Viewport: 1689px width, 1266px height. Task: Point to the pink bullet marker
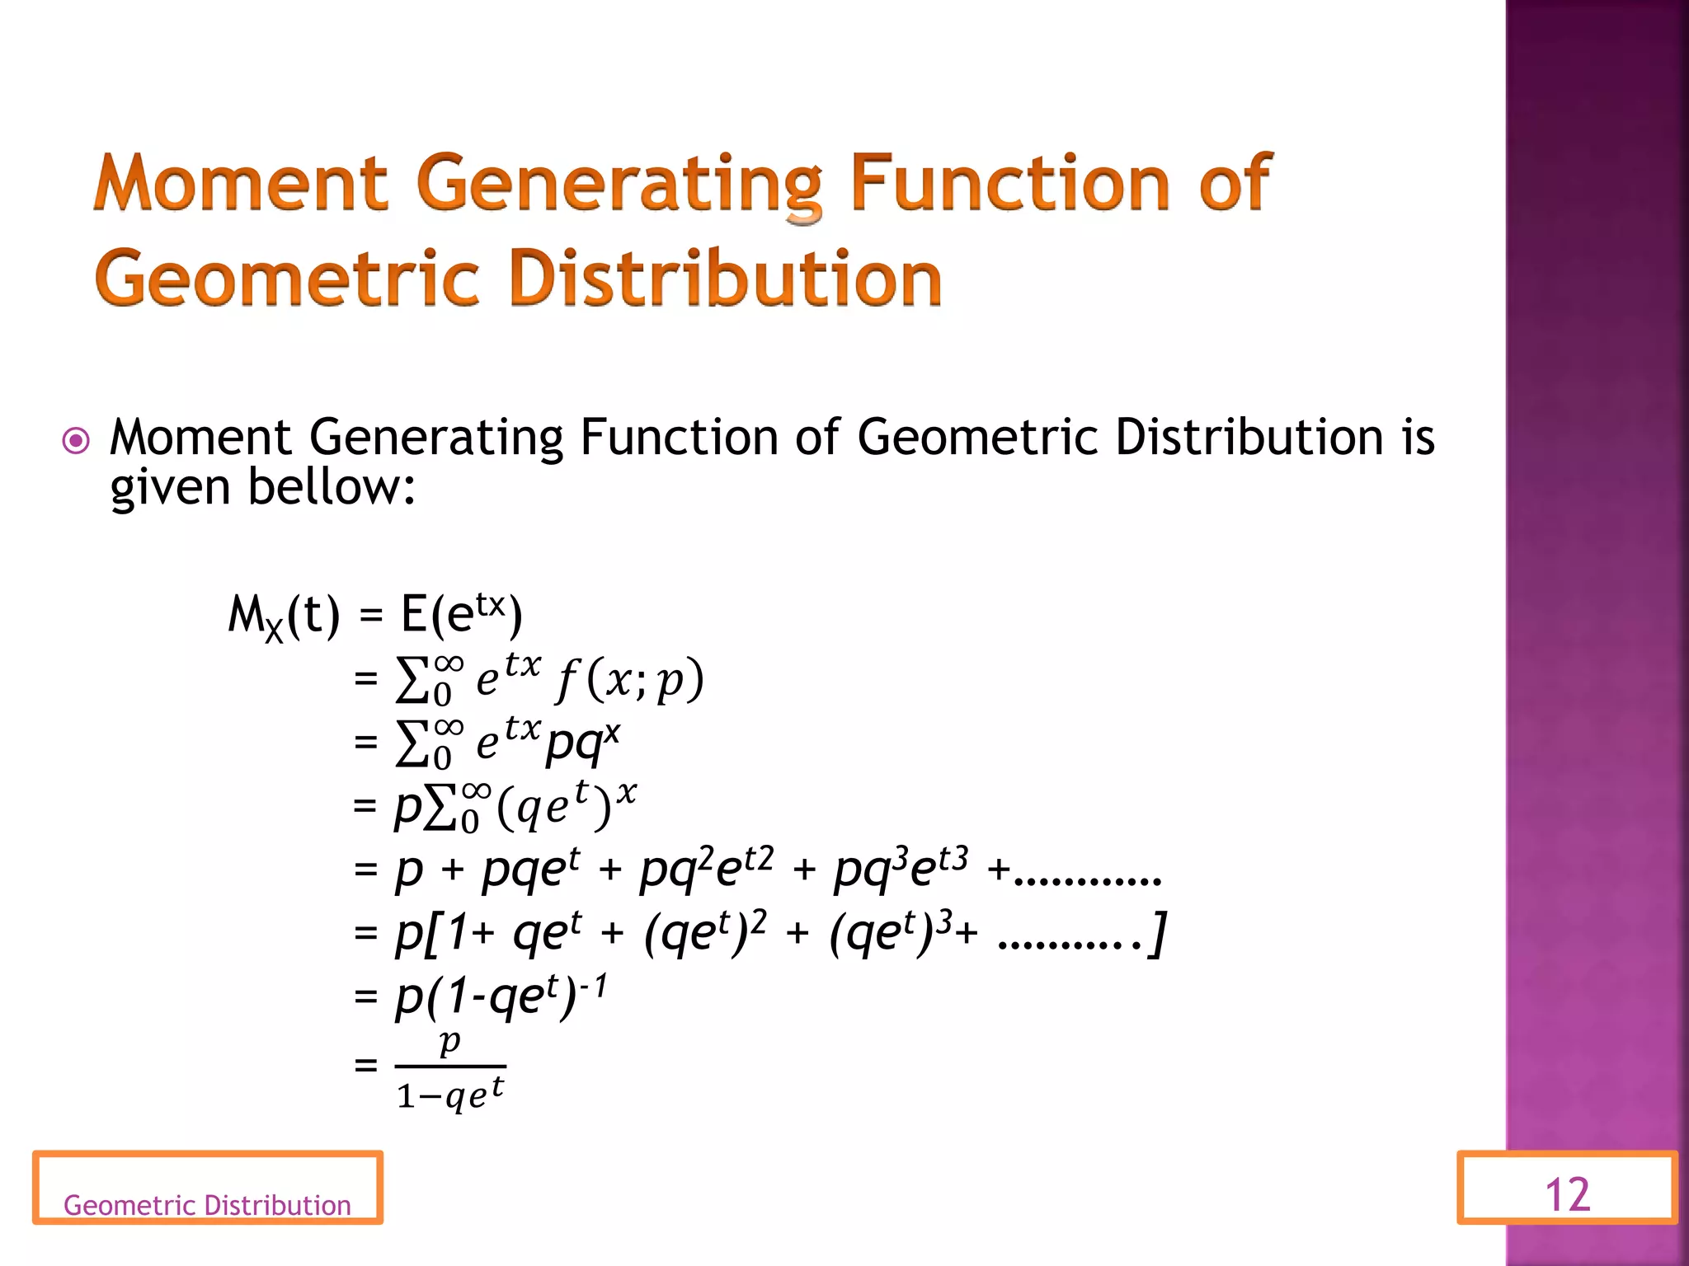coord(76,441)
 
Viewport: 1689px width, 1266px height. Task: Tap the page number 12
coord(1567,1194)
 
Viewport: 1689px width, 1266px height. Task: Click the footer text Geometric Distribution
coord(207,1205)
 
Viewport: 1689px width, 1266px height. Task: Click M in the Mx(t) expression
coord(245,614)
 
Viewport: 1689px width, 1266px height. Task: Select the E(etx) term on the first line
coord(461,614)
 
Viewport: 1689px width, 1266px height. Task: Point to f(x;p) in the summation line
coord(631,681)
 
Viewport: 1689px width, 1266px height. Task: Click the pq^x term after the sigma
coord(582,742)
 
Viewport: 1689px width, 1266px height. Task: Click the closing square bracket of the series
coord(1159,933)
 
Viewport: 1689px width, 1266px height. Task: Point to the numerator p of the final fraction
coord(449,1042)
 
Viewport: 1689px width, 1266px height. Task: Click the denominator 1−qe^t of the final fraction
coord(450,1095)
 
